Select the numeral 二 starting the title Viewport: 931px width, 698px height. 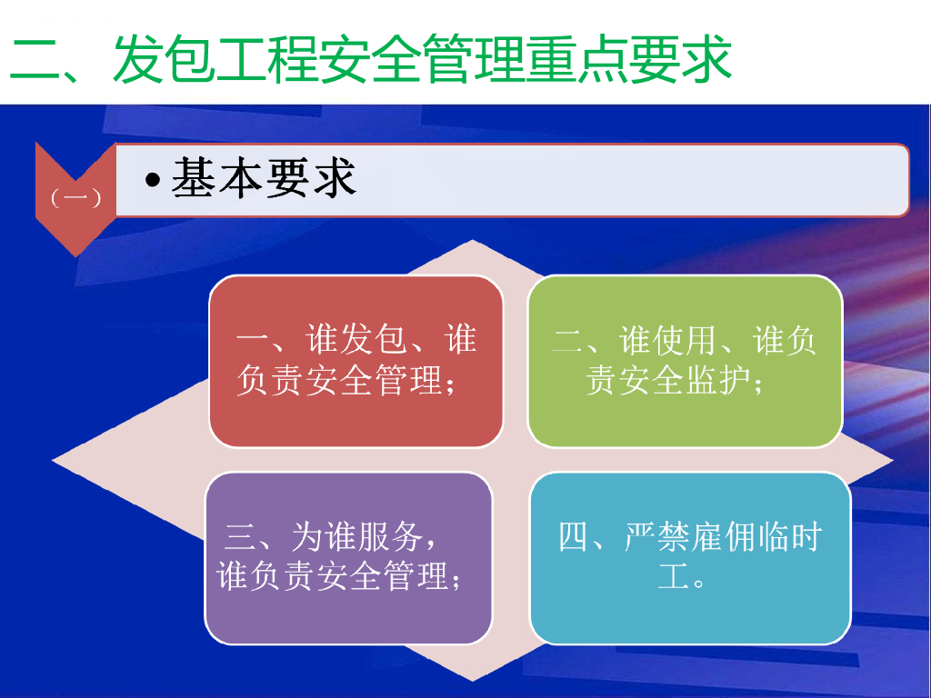[35, 58]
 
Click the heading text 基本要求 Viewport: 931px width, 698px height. [264, 177]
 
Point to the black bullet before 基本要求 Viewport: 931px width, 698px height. [153, 179]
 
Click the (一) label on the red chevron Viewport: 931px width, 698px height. [75, 197]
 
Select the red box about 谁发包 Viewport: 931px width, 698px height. [356, 361]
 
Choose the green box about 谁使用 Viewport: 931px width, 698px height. [686, 361]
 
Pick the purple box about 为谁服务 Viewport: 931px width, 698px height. [348, 558]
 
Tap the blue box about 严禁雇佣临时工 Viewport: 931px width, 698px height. [691, 558]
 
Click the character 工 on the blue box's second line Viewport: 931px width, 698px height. [674, 575]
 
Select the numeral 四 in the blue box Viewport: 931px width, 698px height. [574, 536]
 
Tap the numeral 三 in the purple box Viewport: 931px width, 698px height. [240, 537]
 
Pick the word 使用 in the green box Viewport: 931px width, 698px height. [685, 341]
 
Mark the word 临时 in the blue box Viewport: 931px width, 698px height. [788, 536]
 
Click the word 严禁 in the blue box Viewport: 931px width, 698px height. [656, 536]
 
